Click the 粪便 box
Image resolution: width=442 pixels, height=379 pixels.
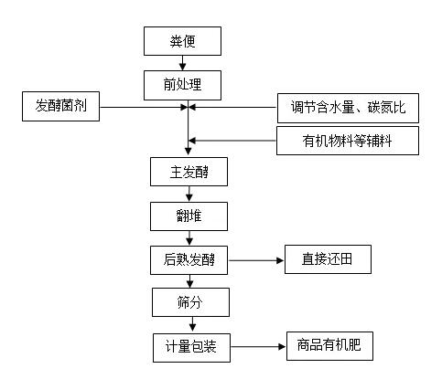pos(182,41)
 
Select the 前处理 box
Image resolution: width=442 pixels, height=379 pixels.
pos(182,85)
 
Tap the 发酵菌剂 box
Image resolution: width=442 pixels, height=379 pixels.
pos(60,106)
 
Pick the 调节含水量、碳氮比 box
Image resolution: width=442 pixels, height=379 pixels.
pos(348,108)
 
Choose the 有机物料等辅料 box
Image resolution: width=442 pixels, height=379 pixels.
pos(348,141)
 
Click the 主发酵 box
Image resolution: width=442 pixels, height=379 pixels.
pos(189,172)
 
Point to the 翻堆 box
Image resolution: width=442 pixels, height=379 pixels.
pos(189,216)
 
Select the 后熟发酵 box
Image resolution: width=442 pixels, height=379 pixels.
pos(189,260)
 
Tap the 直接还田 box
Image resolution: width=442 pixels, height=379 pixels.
pos(328,259)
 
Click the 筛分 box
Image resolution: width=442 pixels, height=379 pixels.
pos(190,302)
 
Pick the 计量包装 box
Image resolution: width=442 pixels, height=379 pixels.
pos(191,348)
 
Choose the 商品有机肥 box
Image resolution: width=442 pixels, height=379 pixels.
pos(329,346)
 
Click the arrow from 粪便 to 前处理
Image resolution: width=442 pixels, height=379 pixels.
pos(182,63)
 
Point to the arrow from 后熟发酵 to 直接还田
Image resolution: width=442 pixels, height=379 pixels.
pos(256,260)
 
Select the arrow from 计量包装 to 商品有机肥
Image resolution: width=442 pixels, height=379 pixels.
pos(258,346)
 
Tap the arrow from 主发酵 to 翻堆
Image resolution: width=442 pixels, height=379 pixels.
pos(189,194)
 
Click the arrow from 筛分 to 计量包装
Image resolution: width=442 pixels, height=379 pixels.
pos(192,324)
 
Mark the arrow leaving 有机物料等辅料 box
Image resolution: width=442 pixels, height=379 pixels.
pos(232,141)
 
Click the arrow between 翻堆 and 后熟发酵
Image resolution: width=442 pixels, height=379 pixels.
pos(189,238)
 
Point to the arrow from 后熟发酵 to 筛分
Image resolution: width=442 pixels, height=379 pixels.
pos(190,281)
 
